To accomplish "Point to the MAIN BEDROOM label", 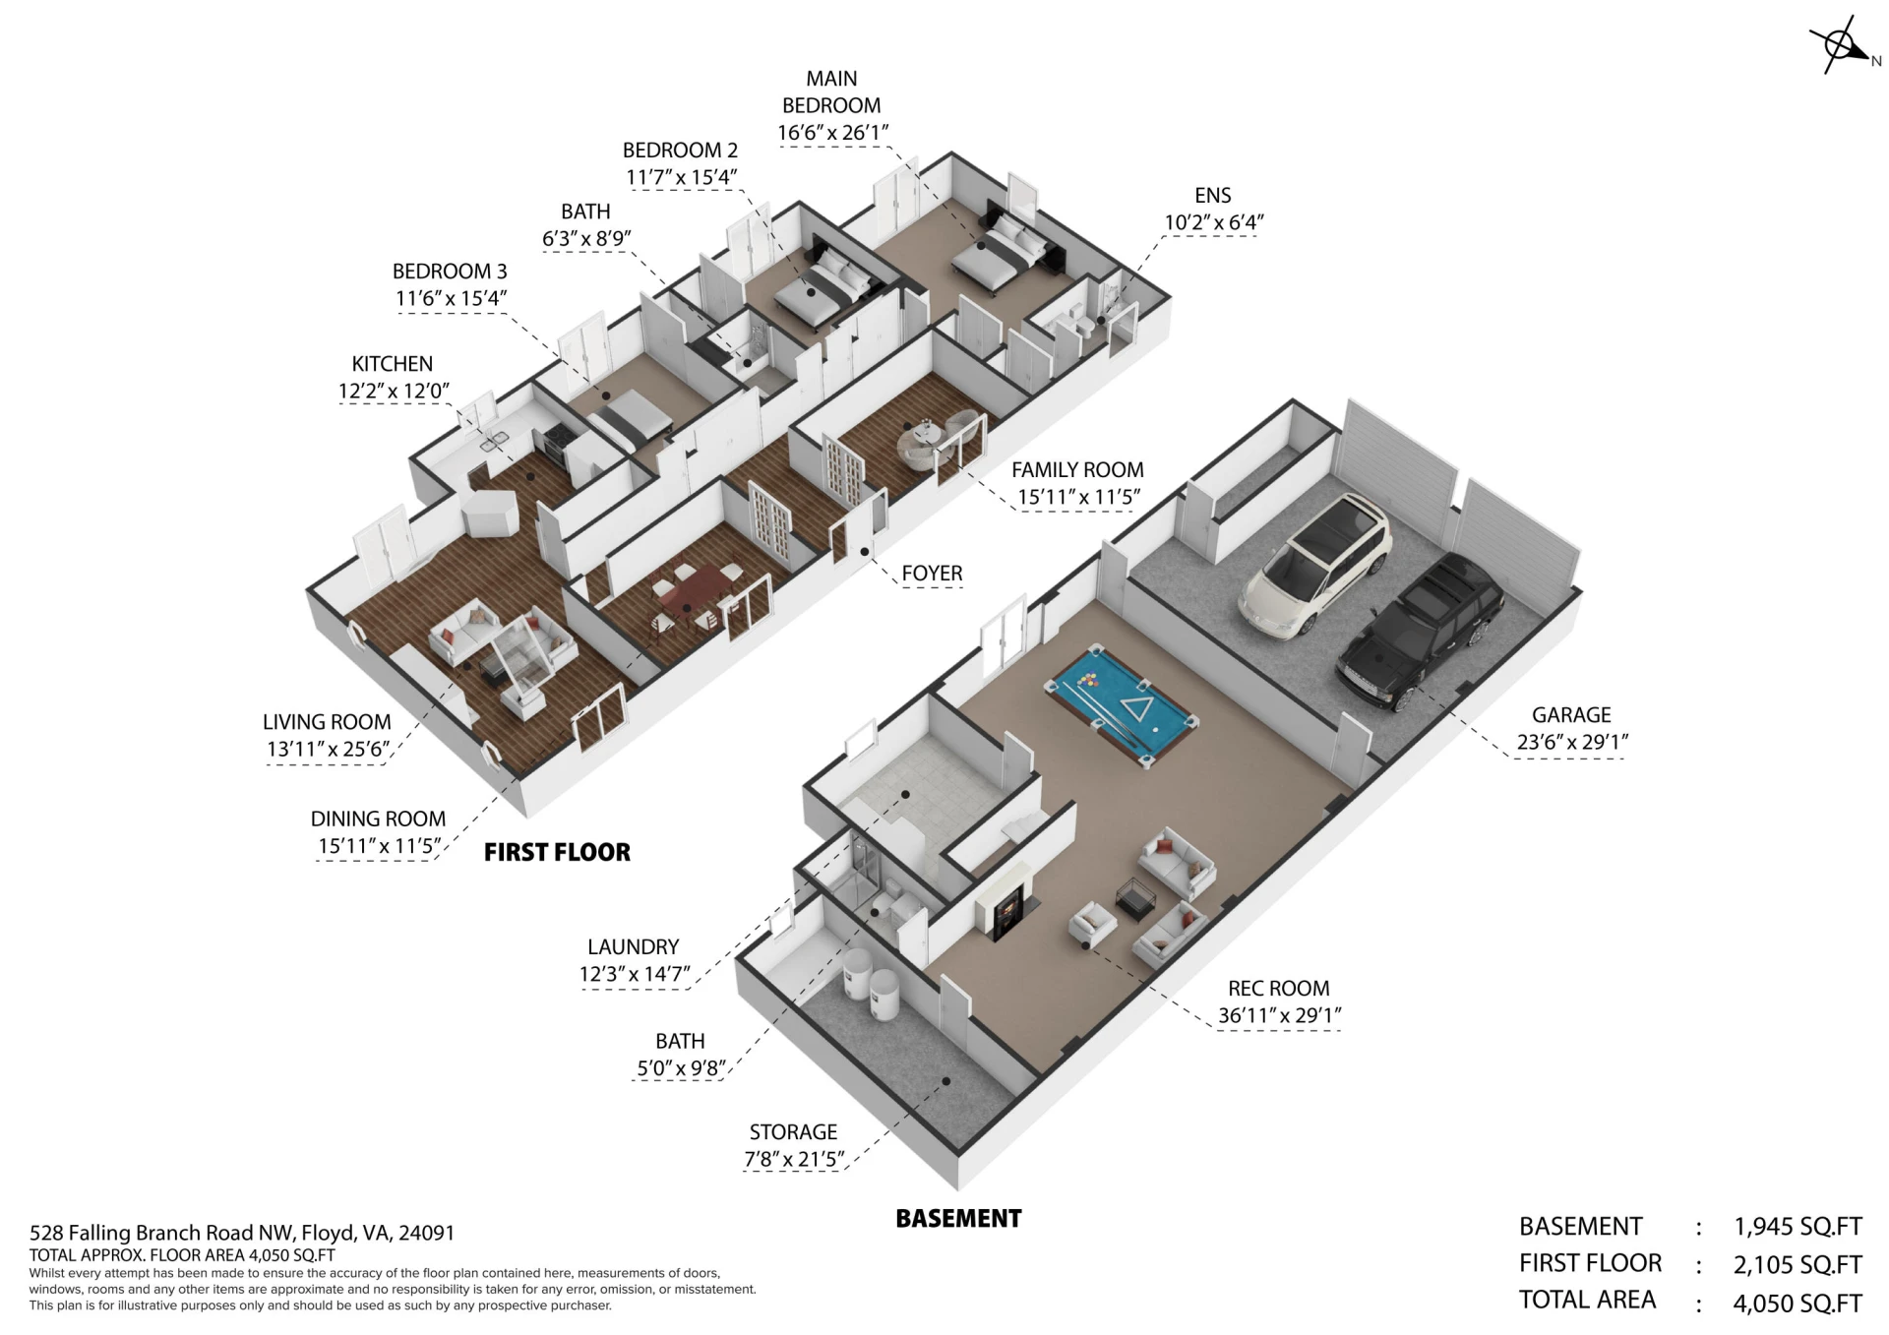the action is pos(831,91).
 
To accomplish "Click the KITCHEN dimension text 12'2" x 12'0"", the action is pos(394,391).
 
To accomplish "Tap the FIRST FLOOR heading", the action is pos(557,852).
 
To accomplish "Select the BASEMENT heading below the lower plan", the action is pos(958,1219).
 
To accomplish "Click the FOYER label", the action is pos(932,573).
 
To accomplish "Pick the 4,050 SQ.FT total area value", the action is pos(1798,1304).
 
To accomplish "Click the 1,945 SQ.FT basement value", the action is pos(1798,1227).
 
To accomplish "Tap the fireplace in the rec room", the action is pos(1005,906).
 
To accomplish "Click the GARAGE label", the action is pos(1571,715).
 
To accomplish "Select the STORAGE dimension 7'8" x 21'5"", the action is pos(794,1159).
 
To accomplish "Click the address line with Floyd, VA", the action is pos(242,1233).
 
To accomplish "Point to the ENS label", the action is pos(1213,196).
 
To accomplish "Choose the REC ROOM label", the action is pos(1278,989).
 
